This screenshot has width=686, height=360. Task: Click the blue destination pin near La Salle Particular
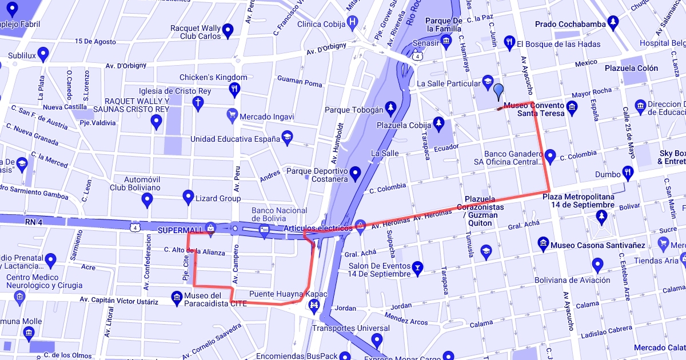click(x=498, y=91)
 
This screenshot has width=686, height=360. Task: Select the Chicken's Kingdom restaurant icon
click(x=234, y=89)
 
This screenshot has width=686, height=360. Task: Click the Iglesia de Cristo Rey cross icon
click(x=198, y=103)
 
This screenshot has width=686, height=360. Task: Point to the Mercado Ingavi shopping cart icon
click(x=232, y=115)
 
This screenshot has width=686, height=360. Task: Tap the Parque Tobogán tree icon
click(x=390, y=107)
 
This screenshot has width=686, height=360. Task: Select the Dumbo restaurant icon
click(x=628, y=171)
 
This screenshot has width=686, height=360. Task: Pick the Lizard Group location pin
click(x=188, y=197)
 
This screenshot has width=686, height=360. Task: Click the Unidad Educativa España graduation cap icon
click(x=286, y=137)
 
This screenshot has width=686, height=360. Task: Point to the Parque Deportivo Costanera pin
click(x=356, y=173)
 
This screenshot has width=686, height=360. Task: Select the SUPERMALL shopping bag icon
click(x=211, y=227)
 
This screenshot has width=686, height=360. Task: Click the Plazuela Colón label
click(x=631, y=68)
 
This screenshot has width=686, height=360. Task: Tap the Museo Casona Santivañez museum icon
click(x=543, y=245)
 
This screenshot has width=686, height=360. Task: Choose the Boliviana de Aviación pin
click(x=598, y=264)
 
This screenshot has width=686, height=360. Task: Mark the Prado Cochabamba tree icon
click(x=613, y=23)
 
